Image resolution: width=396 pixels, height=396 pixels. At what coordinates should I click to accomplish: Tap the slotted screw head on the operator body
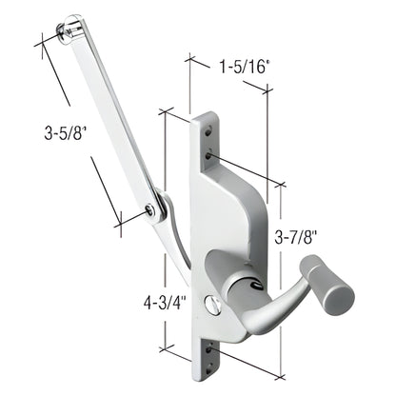click(216, 307)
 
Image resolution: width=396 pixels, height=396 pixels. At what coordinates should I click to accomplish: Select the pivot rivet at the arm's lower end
click(151, 209)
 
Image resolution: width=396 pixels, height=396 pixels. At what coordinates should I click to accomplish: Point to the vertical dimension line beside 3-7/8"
click(283, 276)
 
